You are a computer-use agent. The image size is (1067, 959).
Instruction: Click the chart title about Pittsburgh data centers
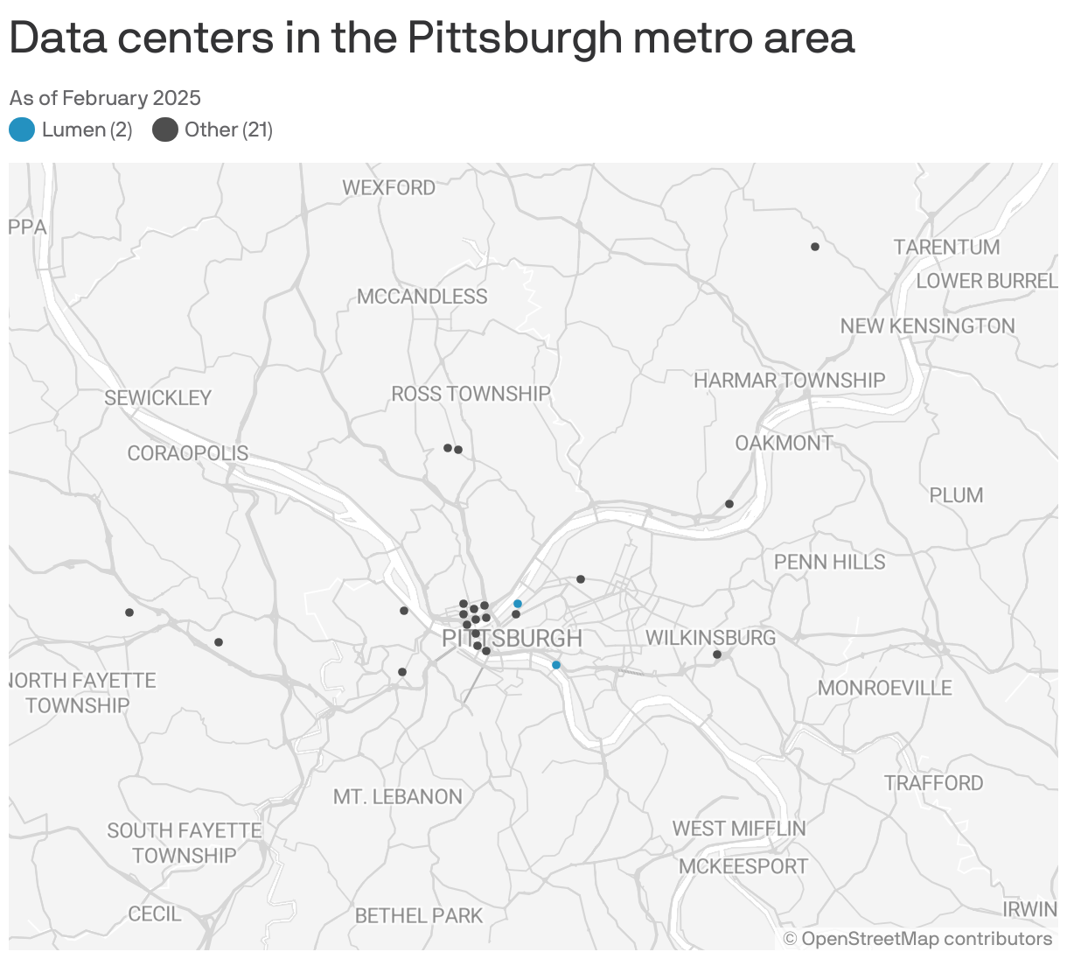click(431, 38)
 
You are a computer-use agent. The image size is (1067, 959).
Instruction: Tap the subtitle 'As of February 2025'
click(105, 98)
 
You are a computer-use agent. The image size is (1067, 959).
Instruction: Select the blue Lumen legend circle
click(22, 130)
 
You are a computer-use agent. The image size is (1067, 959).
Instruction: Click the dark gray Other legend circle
click(165, 130)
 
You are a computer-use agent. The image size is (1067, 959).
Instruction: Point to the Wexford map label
click(388, 188)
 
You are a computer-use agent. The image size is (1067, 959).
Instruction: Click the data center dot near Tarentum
click(815, 247)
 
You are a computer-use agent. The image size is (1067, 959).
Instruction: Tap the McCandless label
click(422, 297)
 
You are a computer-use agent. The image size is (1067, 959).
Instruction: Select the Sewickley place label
click(157, 398)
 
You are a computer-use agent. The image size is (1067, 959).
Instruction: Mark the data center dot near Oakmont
click(729, 504)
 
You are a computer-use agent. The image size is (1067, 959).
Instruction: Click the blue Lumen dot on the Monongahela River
click(556, 665)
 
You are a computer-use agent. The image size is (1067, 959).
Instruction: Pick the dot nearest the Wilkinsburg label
click(717, 654)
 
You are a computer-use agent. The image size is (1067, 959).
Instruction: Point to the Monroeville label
click(884, 688)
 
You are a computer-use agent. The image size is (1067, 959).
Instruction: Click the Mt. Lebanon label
click(397, 797)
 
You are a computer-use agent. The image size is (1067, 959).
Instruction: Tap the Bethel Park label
click(418, 916)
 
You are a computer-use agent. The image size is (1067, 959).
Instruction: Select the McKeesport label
click(743, 866)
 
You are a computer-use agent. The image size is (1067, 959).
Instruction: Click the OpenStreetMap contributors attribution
click(917, 939)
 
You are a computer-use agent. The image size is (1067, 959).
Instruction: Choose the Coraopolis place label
click(187, 454)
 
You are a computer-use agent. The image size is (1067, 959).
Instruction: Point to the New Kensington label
click(927, 326)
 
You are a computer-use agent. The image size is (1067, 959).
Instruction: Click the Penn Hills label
click(829, 562)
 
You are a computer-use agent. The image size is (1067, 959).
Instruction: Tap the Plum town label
click(956, 495)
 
